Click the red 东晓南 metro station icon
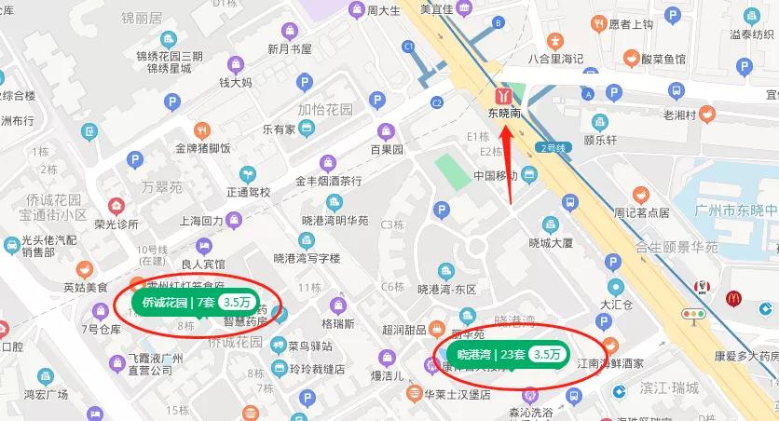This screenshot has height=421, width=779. click(504, 96)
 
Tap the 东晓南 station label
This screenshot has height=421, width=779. click(504, 115)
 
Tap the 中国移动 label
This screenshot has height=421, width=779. click(495, 175)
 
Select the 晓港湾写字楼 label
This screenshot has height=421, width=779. click(307, 258)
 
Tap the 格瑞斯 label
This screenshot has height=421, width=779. click(337, 324)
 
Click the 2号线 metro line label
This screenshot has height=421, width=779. click(553, 148)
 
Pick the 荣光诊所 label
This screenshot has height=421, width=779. click(116, 224)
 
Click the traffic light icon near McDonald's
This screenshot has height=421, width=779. click(693, 315)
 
